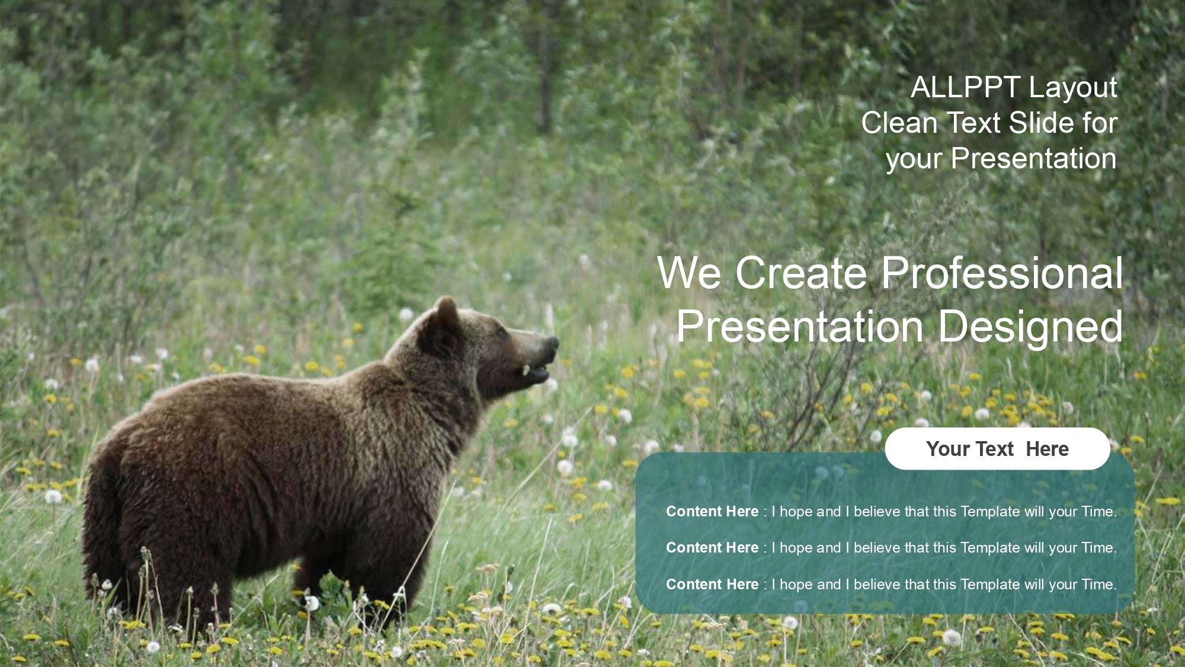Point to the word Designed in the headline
(1030, 326)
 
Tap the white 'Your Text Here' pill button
(997, 449)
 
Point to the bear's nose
(553, 343)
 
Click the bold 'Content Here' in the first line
(712, 511)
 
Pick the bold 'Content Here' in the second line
(712, 547)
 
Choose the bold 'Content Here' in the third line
(712, 584)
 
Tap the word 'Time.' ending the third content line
(1099, 584)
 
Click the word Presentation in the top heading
(1034, 159)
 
